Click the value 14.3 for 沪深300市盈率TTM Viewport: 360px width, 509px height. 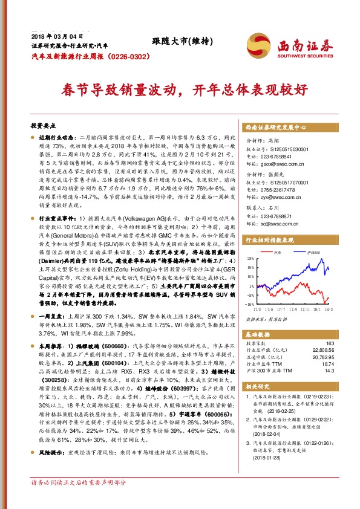click(x=327, y=371)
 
